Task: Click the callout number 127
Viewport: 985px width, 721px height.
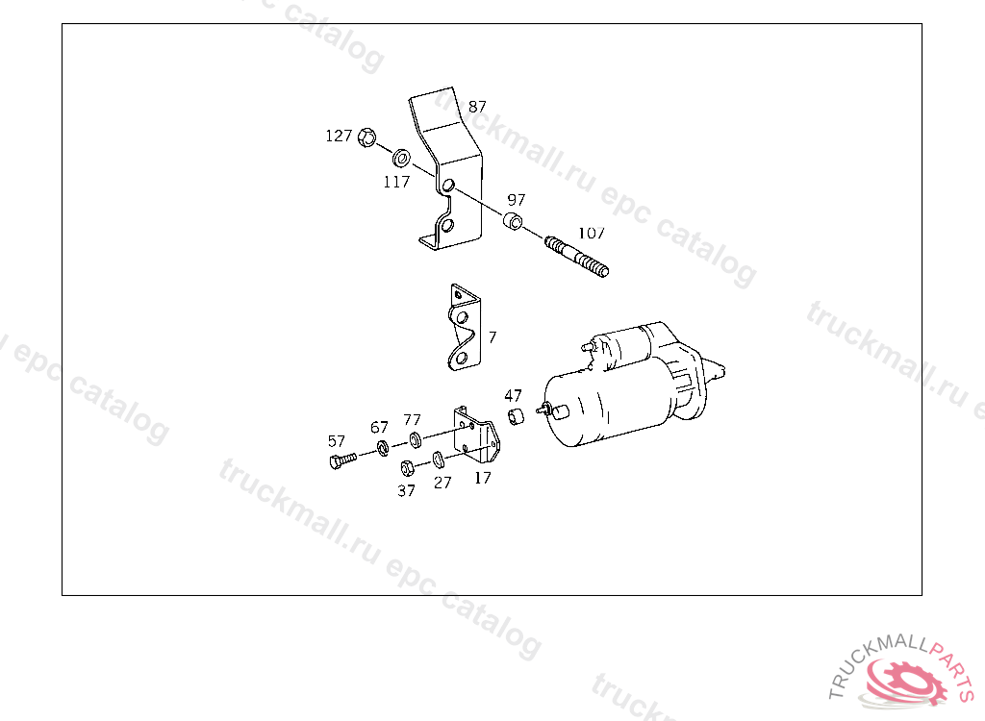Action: click(x=339, y=136)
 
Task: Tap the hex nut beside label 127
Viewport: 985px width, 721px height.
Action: click(x=366, y=137)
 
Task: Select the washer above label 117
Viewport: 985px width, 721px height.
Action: click(x=401, y=158)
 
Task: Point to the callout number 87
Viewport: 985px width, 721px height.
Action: click(x=477, y=107)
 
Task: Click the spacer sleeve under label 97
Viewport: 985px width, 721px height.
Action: click(x=513, y=221)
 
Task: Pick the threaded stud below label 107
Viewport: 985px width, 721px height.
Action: click(x=577, y=257)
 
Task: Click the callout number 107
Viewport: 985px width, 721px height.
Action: click(x=592, y=233)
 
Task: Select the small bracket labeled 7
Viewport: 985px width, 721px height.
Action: click(x=465, y=327)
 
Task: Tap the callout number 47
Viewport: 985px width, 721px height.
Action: click(x=514, y=396)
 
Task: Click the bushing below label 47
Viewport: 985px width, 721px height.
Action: click(x=516, y=416)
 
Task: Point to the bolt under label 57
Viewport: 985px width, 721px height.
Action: click(x=342, y=461)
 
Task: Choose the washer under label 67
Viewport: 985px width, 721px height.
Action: click(x=383, y=448)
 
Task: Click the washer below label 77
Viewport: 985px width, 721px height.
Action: click(x=415, y=439)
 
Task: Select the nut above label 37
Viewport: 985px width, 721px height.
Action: click(x=407, y=468)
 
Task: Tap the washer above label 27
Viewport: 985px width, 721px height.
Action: click(x=439, y=460)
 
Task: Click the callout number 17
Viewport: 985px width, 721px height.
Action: click(x=483, y=478)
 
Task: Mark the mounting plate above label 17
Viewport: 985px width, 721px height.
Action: click(x=476, y=435)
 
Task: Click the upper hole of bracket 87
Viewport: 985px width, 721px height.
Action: click(x=448, y=186)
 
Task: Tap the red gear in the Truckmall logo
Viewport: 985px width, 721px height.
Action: click(x=906, y=682)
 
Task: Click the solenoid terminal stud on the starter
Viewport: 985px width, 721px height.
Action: click(x=587, y=346)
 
